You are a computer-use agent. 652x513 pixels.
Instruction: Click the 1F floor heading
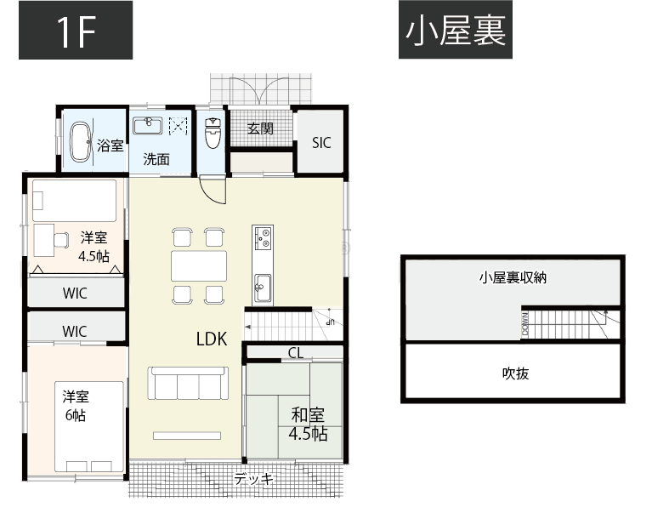coord(76,31)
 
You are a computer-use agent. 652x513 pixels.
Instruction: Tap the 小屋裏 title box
coord(456,31)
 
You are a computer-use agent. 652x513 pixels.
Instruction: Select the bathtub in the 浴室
coord(80,141)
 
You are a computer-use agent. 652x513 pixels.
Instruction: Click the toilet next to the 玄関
coord(213,134)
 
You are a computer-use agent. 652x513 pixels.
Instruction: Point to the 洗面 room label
coord(156,158)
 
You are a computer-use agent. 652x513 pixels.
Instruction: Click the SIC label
coord(320,143)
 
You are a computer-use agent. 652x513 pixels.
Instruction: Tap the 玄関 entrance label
coord(260,129)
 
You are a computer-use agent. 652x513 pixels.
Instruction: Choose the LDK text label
coord(211,339)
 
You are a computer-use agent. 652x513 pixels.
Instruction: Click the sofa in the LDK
coord(188,383)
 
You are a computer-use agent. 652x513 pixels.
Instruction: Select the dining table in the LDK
coord(199,266)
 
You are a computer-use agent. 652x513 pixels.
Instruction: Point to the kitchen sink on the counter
coord(262,285)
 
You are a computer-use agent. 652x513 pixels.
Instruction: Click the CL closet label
coord(295,353)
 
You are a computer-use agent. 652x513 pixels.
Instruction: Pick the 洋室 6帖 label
coord(75,407)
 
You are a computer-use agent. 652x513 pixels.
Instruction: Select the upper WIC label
coord(75,294)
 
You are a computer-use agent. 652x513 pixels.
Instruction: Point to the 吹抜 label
coord(515,373)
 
